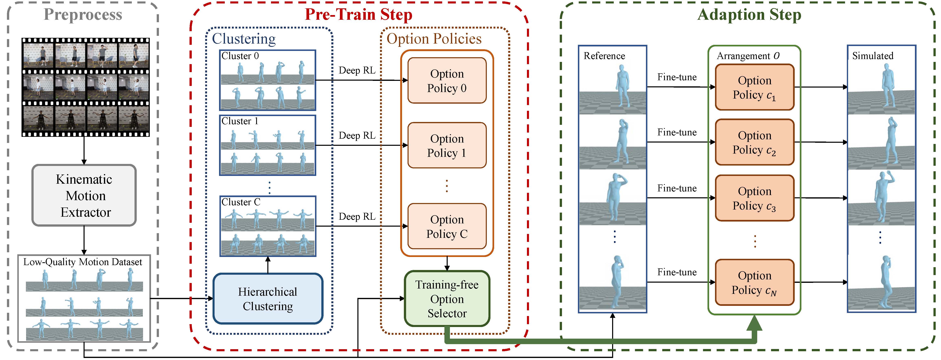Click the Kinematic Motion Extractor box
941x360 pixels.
pos(84,195)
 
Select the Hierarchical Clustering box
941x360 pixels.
pos(268,299)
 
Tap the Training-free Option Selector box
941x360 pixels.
pos(447,299)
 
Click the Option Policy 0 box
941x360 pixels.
pos(447,81)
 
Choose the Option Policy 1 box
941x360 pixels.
pos(447,145)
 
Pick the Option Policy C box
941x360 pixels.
pos(447,226)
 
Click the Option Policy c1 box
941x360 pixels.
pos(754,87)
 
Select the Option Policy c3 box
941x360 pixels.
pos(754,198)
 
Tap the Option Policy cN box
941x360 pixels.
pos(754,282)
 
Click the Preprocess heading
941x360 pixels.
pos(83,15)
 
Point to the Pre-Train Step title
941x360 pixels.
pos(358,15)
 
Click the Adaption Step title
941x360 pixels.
pos(749,15)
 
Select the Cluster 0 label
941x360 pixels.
pos(240,56)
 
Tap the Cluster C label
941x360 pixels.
pos(241,202)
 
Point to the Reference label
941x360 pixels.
pos(604,56)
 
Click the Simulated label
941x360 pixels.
pos(873,56)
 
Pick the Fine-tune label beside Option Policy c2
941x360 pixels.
pos(677,132)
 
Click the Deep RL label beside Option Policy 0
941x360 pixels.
pos(357,70)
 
